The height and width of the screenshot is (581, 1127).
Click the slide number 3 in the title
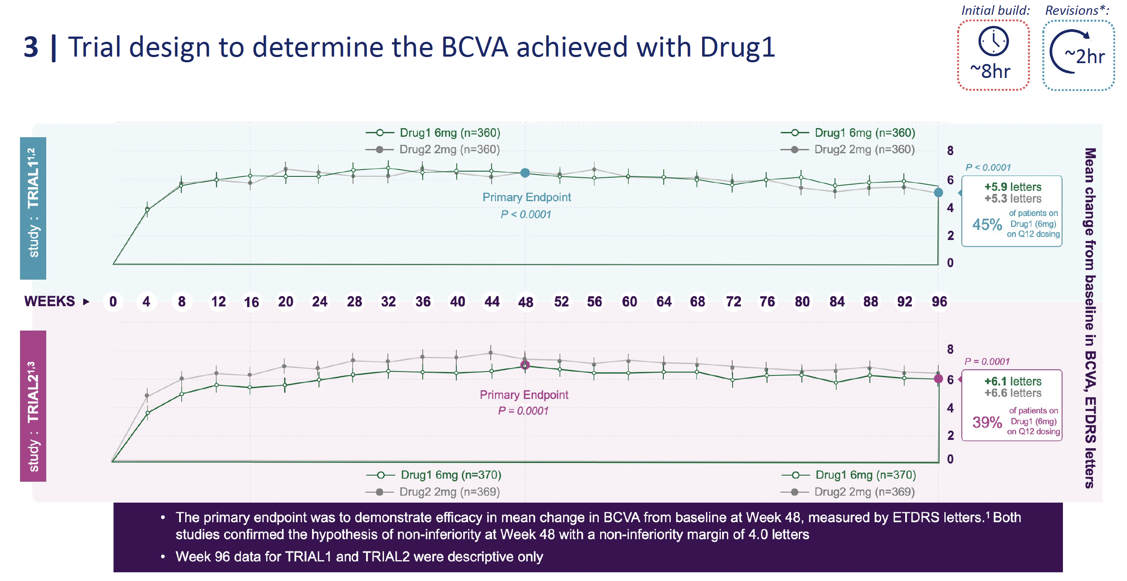point(31,47)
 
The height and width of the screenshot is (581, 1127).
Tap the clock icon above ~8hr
point(993,41)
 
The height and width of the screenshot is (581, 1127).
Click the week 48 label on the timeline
point(526,302)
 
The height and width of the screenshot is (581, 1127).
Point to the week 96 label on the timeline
point(939,302)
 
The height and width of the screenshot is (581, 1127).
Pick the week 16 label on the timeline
point(251,302)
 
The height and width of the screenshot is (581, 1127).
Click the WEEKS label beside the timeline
point(49,301)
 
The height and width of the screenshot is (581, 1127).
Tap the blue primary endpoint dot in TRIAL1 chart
point(525,173)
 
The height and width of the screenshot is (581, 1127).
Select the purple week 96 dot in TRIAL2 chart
point(938,379)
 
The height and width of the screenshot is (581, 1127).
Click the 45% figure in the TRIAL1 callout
point(987,225)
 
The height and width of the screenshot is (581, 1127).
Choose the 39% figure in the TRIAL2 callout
point(987,422)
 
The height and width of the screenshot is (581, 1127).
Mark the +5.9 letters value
point(1012,187)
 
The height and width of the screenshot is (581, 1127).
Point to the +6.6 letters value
point(1012,393)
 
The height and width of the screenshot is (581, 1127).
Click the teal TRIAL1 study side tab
point(33,208)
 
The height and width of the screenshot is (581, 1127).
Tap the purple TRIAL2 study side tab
point(33,405)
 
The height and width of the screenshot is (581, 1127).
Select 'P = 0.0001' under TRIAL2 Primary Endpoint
point(523,411)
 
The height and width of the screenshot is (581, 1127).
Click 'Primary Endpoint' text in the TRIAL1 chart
point(526,198)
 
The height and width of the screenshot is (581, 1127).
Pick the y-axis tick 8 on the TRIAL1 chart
point(950,151)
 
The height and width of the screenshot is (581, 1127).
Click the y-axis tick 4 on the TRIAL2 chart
point(950,409)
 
